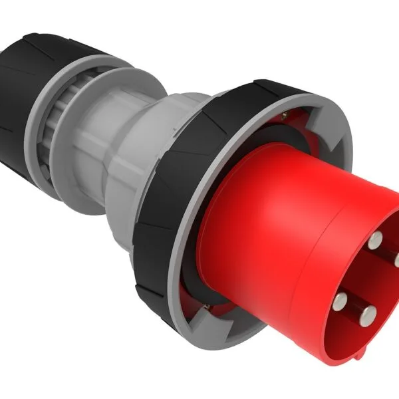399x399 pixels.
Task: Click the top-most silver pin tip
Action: tap(376, 239)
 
